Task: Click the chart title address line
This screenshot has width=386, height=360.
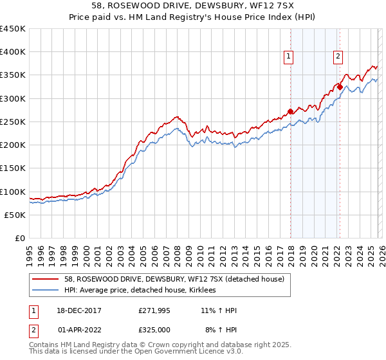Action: (x=192, y=6)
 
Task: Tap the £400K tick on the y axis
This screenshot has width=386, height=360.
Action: (x=13, y=52)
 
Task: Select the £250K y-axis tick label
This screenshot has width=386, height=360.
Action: (x=13, y=122)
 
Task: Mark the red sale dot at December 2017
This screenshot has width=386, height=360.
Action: (x=290, y=111)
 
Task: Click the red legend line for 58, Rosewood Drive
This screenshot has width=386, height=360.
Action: (x=47, y=278)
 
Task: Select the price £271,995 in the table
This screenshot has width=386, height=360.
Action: (x=154, y=310)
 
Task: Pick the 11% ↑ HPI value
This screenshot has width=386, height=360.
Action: (x=219, y=310)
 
